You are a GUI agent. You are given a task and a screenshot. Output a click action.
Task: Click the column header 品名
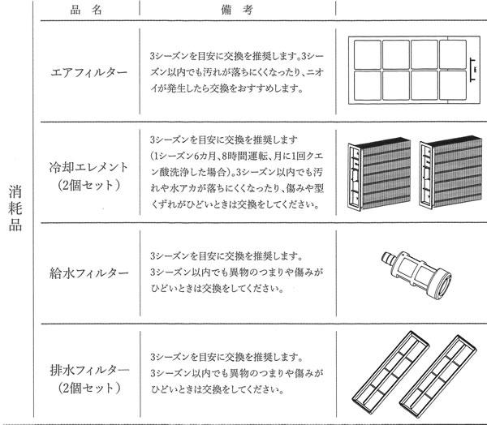pos(82,11)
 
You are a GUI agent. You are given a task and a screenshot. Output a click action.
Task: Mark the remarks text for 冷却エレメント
pos(231,172)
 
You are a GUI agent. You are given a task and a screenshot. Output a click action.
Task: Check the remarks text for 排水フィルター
pos(231,372)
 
